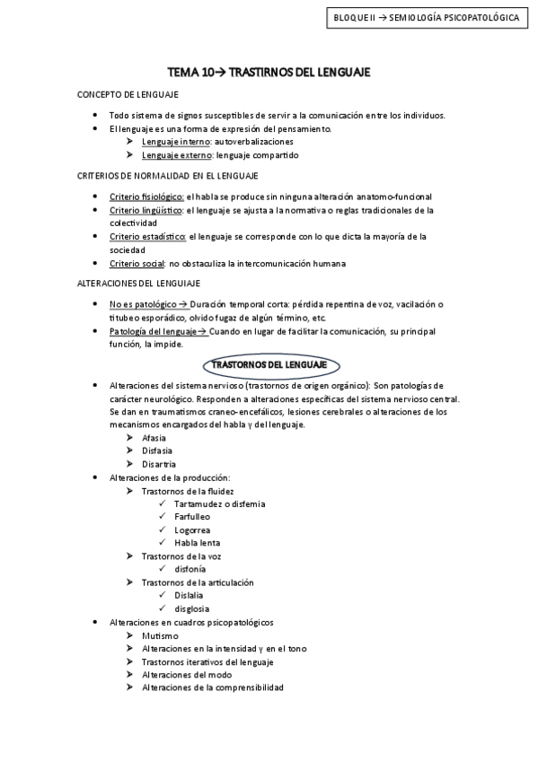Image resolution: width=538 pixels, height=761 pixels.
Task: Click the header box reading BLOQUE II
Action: [425, 17]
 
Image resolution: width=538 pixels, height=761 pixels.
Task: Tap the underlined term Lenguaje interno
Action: [176, 142]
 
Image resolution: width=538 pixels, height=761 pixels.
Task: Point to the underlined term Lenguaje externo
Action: [177, 155]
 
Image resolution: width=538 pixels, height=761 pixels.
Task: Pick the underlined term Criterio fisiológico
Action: [146, 197]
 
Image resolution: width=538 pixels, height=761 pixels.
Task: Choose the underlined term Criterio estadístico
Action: [147, 237]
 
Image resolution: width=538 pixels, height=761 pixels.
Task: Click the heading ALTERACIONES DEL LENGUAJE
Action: [137, 283]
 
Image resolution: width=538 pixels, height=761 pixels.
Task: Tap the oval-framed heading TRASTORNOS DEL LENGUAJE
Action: [269, 365]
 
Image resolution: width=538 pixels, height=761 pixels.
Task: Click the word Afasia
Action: [154, 437]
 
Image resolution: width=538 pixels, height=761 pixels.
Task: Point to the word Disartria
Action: [159, 464]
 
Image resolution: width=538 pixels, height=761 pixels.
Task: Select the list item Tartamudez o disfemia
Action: [220, 504]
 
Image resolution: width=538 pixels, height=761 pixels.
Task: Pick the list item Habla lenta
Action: [198, 543]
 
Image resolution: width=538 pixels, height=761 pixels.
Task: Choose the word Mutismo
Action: [160, 635]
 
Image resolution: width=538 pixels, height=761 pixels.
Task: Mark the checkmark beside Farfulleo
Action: [162, 518]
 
